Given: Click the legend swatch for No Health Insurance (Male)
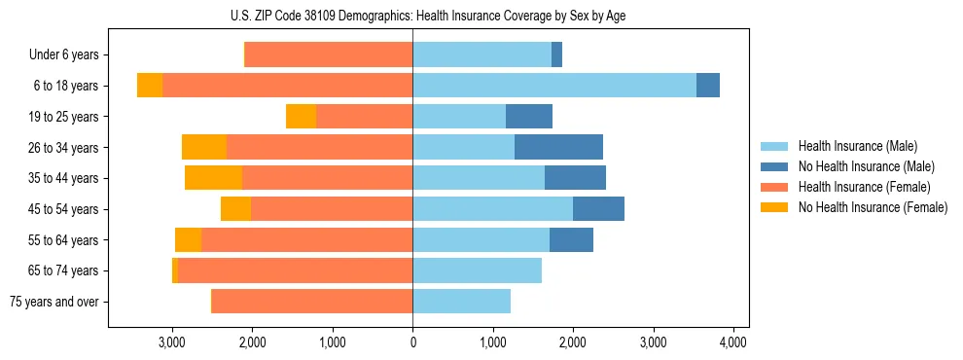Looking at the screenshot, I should pyautogui.click(x=775, y=166).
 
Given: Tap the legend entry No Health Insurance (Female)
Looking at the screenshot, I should pyautogui.click(x=873, y=207).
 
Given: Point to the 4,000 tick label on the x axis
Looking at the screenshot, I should pyautogui.click(x=732, y=342).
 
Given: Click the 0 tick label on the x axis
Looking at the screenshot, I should pyautogui.click(x=412, y=342).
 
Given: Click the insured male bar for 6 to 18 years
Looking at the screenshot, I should pyautogui.click(x=554, y=86).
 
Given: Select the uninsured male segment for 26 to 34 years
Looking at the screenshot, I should pyautogui.click(x=558, y=147).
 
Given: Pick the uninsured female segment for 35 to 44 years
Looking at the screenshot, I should pyautogui.click(x=213, y=178).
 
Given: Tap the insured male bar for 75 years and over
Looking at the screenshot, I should pyautogui.click(x=461, y=302).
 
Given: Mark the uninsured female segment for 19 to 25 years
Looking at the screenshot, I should pyautogui.click(x=301, y=117).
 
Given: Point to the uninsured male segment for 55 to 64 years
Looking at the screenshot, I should pyautogui.click(x=571, y=239).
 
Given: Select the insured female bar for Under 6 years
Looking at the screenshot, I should pyautogui.click(x=329, y=55).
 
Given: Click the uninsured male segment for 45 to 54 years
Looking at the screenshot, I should pyautogui.click(x=598, y=209).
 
